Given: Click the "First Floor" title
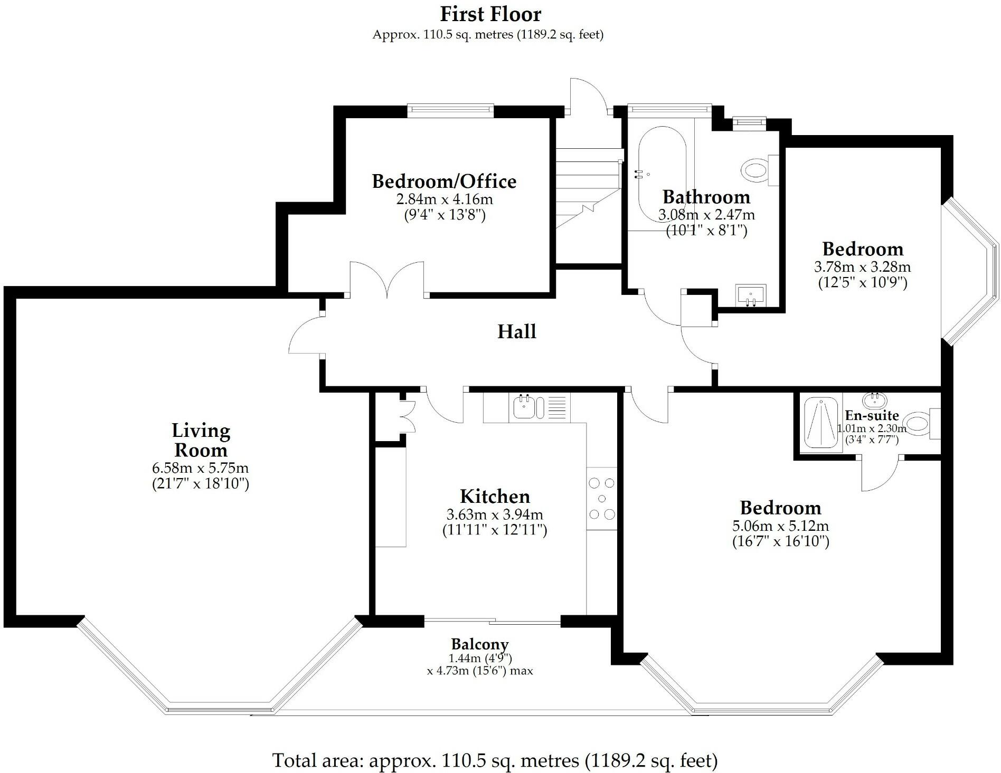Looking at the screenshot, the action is pyautogui.click(x=490, y=14).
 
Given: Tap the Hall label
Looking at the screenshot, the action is pyautogui.click(x=517, y=331).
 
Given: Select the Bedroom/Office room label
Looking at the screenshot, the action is pyautogui.click(x=444, y=181).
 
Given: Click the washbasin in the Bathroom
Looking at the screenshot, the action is pyautogui.click(x=751, y=295).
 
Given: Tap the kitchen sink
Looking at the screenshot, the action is pyautogui.click(x=528, y=407).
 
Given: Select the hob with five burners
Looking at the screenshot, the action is pyautogui.click(x=602, y=499).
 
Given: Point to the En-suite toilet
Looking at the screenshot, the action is pyautogui.click(x=921, y=424).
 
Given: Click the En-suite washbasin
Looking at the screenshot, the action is pyautogui.click(x=875, y=399).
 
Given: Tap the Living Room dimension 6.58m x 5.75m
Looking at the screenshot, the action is pyautogui.click(x=200, y=467).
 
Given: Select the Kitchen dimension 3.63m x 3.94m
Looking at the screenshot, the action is pyautogui.click(x=495, y=514).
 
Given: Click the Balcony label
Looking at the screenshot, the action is pyautogui.click(x=480, y=644).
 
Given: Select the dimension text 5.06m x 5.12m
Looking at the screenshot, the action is pyautogui.click(x=780, y=526).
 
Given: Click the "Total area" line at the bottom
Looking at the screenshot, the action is pyautogui.click(x=495, y=760).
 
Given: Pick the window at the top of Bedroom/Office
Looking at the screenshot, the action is pyautogui.click(x=450, y=110).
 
